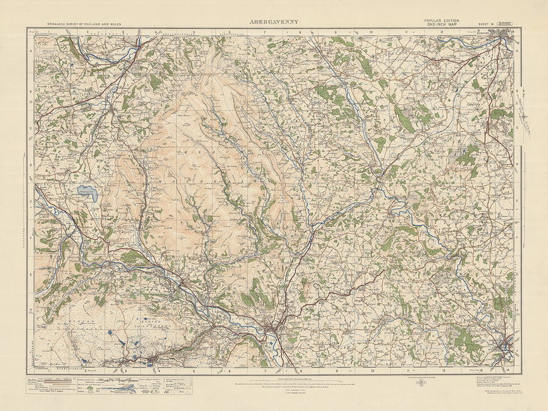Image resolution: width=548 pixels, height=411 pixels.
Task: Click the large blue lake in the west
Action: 86,192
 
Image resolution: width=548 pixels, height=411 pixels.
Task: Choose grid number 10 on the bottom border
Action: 371,370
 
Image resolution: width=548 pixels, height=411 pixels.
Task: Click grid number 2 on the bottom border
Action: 87,370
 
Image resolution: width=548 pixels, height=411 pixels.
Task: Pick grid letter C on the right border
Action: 518,128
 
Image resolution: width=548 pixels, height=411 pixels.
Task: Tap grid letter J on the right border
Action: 518,347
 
